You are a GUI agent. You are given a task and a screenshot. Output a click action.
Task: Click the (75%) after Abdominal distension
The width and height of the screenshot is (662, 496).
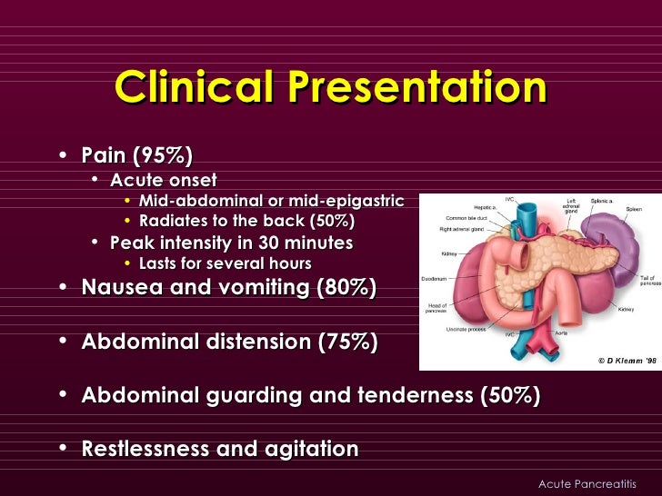click(x=345, y=342)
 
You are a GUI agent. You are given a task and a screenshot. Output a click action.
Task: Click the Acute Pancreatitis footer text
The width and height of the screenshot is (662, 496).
click(x=587, y=483)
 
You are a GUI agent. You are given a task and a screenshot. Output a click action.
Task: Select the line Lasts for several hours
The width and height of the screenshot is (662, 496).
click(x=225, y=264)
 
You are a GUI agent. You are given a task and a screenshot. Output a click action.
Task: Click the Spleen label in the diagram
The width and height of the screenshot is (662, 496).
click(x=633, y=209)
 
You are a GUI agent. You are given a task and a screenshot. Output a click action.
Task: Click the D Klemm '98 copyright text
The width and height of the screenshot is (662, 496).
click(x=627, y=361)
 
